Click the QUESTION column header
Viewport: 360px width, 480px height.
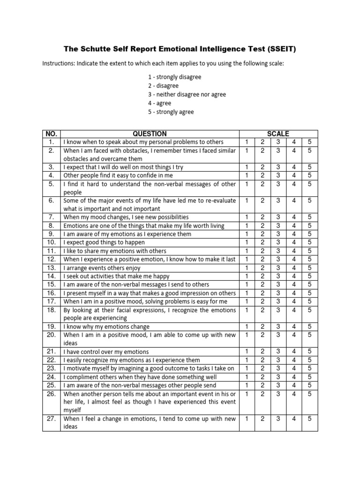(x=150, y=134)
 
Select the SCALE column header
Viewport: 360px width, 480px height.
(x=278, y=134)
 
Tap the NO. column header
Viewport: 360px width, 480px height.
(x=51, y=134)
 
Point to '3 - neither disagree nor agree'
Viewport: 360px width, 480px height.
(x=186, y=94)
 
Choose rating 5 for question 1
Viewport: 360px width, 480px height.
(x=309, y=142)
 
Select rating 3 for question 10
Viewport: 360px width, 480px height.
(x=278, y=242)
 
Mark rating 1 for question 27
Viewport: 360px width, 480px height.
(x=247, y=419)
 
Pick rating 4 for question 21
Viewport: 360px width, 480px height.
(x=294, y=352)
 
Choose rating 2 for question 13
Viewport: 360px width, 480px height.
(x=262, y=268)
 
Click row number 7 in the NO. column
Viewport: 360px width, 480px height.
(x=52, y=217)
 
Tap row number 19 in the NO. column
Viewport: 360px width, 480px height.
(x=51, y=326)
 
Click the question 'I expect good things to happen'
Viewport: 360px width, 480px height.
(x=104, y=242)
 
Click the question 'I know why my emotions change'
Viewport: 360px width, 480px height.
(x=106, y=326)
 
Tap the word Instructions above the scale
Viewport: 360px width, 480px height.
(x=59, y=63)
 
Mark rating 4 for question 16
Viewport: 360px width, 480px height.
(x=294, y=293)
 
